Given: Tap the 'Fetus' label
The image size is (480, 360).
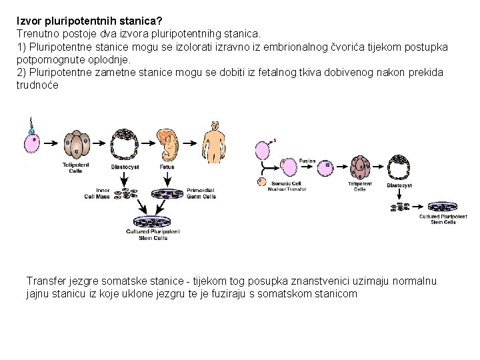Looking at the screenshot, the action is tap(167, 167).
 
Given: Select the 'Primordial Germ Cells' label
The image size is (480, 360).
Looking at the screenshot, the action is tap(201, 193).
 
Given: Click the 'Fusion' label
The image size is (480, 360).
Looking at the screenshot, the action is tap(307, 161).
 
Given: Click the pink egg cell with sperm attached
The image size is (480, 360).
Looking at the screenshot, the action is tap(31, 143).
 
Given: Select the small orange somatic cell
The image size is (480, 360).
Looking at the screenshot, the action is tap(261, 181).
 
